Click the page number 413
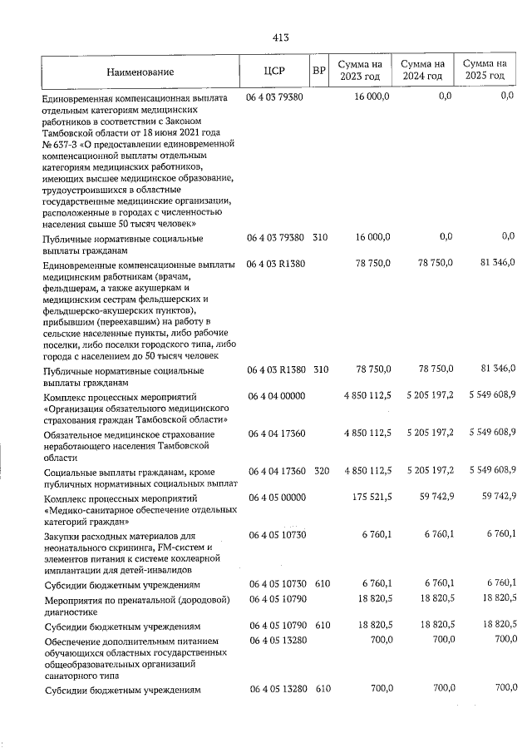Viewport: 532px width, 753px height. point(279,37)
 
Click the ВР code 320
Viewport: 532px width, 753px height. point(320,472)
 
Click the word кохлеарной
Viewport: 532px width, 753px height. point(193,559)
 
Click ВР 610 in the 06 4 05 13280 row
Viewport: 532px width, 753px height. point(320,688)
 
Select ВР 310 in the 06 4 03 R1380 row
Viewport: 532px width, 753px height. point(320,369)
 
